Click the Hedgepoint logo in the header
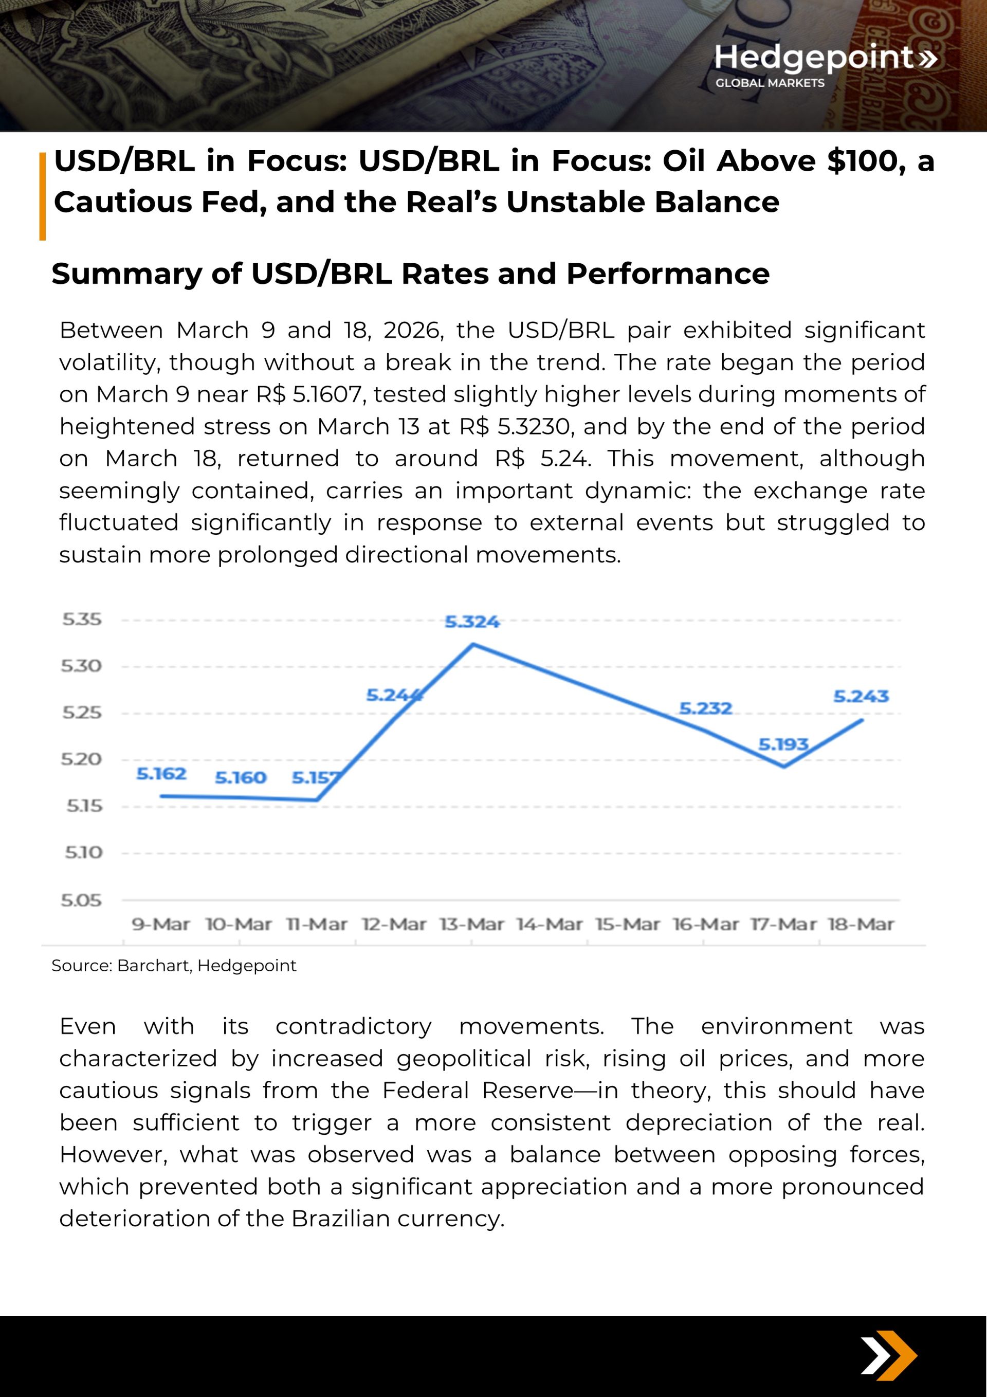pyautogui.click(x=825, y=64)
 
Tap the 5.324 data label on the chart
pyautogui.click(x=471, y=622)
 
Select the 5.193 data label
pyautogui.click(x=782, y=744)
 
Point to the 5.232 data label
pyautogui.click(x=705, y=708)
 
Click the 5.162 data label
pyautogui.click(x=161, y=773)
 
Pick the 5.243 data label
pyautogui.click(x=861, y=696)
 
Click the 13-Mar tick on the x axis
pyautogui.click(x=471, y=924)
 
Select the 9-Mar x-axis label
pyautogui.click(x=161, y=924)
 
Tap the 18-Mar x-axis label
pyautogui.click(x=861, y=924)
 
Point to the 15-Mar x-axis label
pyautogui.click(x=627, y=924)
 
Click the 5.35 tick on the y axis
pyautogui.click(x=82, y=620)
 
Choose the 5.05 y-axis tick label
pyautogui.click(x=82, y=900)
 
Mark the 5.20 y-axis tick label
pyautogui.click(x=82, y=759)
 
